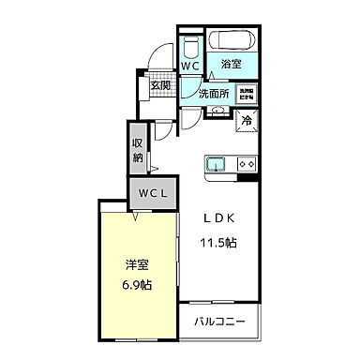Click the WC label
(x=189, y=67)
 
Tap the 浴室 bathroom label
(x=231, y=65)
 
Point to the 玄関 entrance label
(x=160, y=85)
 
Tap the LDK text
(x=218, y=218)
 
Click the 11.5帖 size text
(x=218, y=241)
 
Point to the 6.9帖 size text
(x=136, y=285)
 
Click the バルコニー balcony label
(x=220, y=322)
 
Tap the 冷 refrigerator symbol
(x=247, y=119)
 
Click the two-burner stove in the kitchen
(x=247, y=165)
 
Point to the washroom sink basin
(x=217, y=111)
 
